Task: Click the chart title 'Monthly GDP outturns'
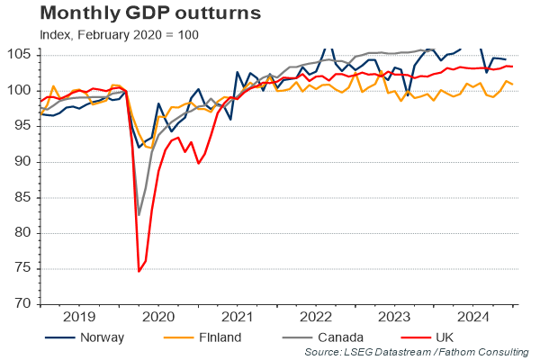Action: click(x=138, y=14)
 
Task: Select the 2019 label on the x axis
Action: click(x=79, y=317)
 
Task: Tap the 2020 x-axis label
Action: click(x=158, y=317)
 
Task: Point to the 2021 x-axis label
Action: click(x=238, y=317)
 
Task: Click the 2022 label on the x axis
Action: click(x=317, y=317)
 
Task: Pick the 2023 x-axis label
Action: click(x=396, y=317)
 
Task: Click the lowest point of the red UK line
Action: click(x=139, y=271)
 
